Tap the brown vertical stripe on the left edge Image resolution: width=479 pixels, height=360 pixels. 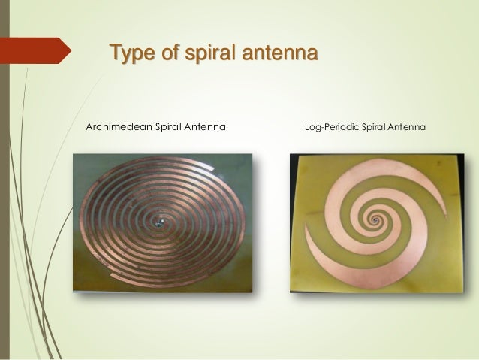(5, 180)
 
